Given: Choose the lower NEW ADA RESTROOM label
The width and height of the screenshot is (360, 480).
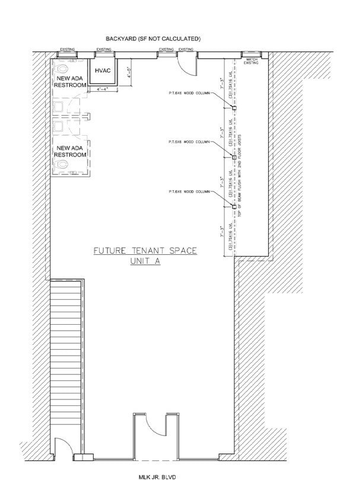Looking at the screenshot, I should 71,151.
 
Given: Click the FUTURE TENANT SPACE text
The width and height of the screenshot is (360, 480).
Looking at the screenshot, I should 145,251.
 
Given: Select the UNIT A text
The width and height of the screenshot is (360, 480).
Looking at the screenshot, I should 145,261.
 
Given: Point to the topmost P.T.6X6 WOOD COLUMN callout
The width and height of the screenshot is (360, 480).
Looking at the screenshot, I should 189,92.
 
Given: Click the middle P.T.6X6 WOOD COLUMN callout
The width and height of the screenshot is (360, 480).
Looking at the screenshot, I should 189,142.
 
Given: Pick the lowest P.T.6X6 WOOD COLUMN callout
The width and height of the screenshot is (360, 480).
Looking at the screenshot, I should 189,192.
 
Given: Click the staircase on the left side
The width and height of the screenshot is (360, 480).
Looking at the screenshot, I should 65,361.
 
